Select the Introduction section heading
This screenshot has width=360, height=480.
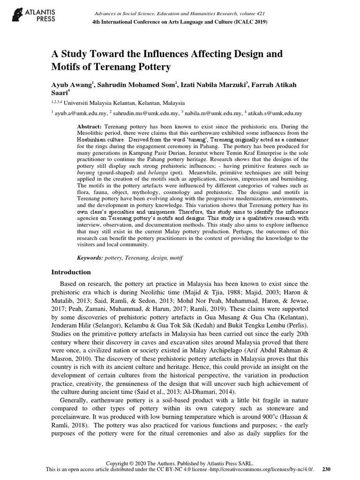pyautogui.click(x=71, y=272)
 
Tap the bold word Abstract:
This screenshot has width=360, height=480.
pyautogui.click(x=89, y=127)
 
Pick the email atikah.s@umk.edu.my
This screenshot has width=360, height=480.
pyautogui.click(x=277, y=113)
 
